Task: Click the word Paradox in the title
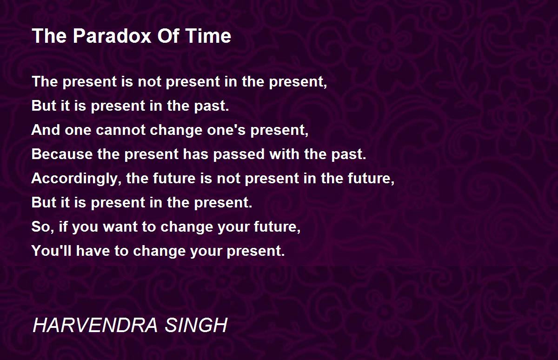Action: click(x=112, y=36)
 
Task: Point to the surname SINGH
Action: click(x=196, y=325)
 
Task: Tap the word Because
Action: click(x=62, y=154)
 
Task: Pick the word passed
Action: click(x=239, y=154)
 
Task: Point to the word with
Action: click(x=284, y=154)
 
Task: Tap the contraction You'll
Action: click(x=51, y=251)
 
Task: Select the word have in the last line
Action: click(x=93, y=251)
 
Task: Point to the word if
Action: click(x=63, y=227)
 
